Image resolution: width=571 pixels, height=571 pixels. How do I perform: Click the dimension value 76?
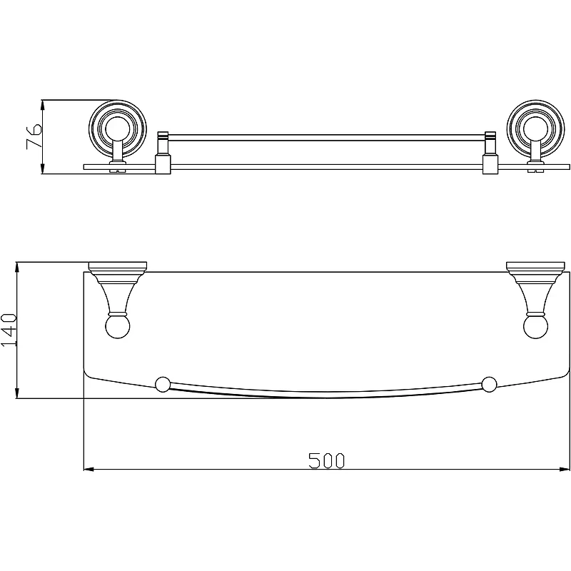tap(34, 136)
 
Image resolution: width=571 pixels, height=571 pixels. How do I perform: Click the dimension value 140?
tap(9, 330)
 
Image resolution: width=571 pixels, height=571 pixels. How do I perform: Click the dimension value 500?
tap(326, 460)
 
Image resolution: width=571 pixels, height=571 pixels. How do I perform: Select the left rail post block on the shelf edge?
tap(163, 164)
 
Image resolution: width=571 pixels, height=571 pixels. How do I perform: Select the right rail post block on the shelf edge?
tap(490, 164)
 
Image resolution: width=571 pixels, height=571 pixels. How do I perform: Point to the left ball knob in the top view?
tap(118, 326)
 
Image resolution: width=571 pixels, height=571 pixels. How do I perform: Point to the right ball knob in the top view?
tap(536, 326)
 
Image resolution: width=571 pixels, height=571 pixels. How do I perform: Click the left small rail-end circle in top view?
tap(163, 385)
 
